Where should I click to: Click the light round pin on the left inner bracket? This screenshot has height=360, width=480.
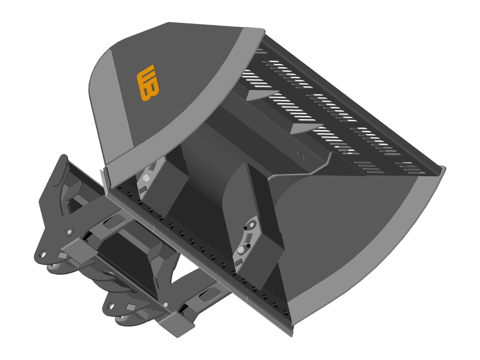tap(146, 178)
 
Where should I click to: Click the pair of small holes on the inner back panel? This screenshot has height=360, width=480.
tap(301, 156)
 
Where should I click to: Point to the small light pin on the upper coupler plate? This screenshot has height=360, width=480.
tap(69, 232)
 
